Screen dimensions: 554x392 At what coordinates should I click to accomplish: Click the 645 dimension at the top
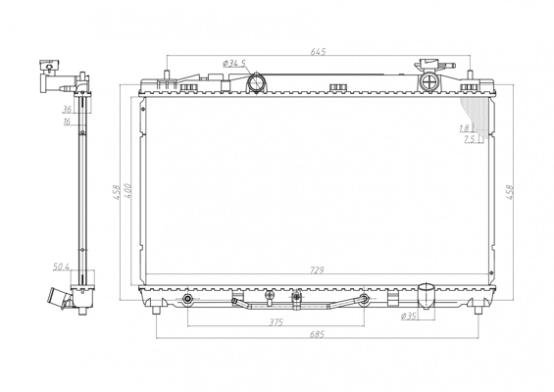318,51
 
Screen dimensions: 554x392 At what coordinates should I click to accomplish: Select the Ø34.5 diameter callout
234,64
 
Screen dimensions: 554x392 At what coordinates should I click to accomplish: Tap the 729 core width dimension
317,270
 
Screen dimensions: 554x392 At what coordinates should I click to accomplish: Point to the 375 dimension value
276,322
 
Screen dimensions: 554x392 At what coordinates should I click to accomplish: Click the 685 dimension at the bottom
317,334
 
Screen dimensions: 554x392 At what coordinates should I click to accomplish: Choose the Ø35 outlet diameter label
409,317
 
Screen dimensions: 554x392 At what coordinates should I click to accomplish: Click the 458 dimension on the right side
510,192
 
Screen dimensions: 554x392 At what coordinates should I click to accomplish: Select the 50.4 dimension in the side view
61,267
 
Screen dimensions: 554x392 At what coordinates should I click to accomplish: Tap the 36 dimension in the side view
67,109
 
